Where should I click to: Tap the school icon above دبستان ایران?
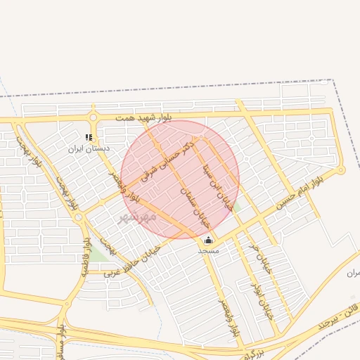click(x=89, y=138)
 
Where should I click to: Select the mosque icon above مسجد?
click(x=208, y=240)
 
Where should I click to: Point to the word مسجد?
click(x=208, y=250)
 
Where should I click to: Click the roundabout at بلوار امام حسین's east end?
click(x=341, y=170)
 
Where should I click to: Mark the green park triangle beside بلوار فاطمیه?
click(x=97, y=253)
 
